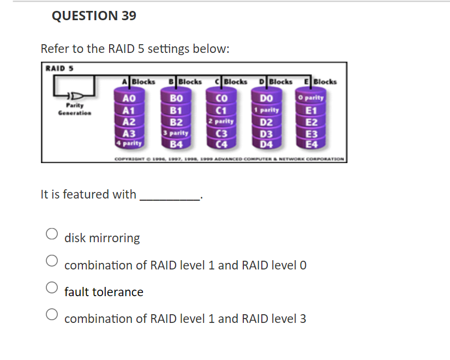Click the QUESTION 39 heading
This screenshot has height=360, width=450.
click(94, 16)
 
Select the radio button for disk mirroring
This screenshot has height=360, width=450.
click(52, 234)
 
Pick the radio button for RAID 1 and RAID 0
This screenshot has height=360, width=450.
click(52, 261)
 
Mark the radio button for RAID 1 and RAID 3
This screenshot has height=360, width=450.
click(52, 314)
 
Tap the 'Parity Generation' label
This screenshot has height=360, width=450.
click(75, 109)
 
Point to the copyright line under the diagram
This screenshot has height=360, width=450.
click(229, 159)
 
